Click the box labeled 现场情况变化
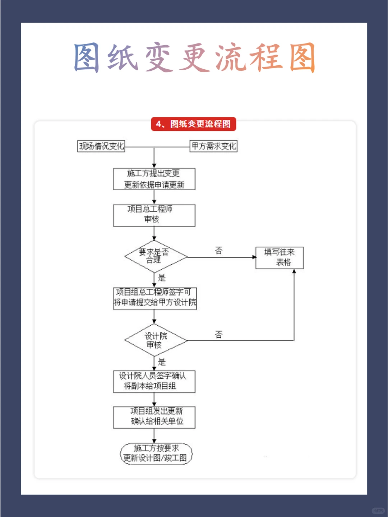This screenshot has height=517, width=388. [x=101, y=146]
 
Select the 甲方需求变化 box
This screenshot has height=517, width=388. [x=213, y=146]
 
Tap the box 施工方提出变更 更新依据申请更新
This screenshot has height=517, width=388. [x=154, y=179]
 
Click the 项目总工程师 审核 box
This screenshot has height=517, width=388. [x=154, y=215]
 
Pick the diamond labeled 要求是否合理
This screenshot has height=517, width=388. [x=156, y=256]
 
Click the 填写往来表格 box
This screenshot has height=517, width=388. [x=280, y=258]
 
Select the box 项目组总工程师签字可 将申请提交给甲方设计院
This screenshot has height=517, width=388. [x=155, y=298]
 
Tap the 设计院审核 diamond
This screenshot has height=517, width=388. [x=156, y=340]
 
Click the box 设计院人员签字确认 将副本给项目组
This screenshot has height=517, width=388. [x=154, y=381]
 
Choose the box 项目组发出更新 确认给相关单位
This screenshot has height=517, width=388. [x=154, y=417]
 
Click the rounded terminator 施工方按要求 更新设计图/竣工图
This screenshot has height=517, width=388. [x=156, y=454]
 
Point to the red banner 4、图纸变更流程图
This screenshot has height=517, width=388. [x=194, y=124]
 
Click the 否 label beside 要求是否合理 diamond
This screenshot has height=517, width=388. [x=219, y=250]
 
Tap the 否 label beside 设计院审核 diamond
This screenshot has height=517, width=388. [x=219, y=335]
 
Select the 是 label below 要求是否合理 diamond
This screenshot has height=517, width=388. [x=162, y=278]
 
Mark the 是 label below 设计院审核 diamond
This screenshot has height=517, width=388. [x=162, y=362]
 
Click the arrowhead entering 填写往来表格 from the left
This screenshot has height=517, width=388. [x=254, y=257]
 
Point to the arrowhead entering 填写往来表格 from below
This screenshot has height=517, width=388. [x=294, y=271]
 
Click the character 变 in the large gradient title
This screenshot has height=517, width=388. [x=158, y=57]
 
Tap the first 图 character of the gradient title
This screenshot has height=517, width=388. [x=87, y=57]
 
